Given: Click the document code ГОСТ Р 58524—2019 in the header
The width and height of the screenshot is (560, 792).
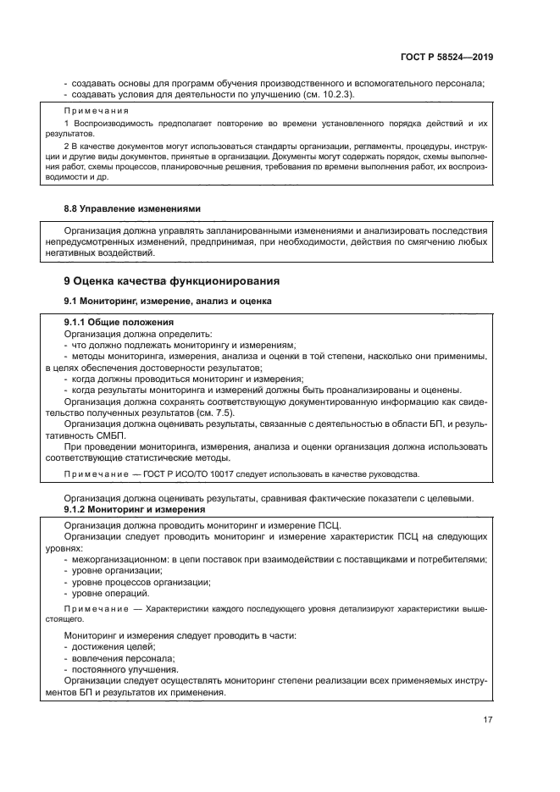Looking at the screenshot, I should click(x=446, y=58).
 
